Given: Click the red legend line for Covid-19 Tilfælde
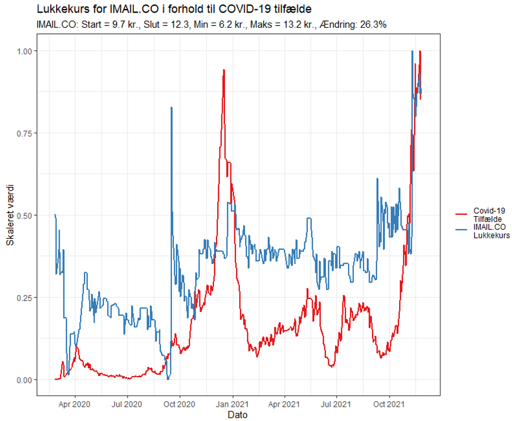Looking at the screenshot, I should [461, 214].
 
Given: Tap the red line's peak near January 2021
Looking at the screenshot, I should [224, 70].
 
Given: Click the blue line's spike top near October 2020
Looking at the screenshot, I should [171, 107].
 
